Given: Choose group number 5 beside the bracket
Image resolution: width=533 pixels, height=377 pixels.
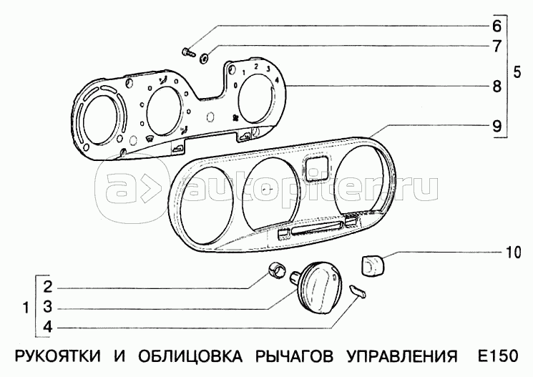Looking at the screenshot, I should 519,72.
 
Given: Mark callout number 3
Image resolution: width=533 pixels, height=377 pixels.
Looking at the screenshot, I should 48,308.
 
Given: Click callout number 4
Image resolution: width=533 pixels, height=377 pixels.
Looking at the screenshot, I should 48,328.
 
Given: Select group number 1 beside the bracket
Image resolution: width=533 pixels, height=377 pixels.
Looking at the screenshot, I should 26,309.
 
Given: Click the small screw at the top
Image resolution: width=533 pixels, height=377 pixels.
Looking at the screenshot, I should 189,51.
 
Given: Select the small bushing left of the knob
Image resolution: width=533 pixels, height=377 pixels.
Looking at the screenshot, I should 274,270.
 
